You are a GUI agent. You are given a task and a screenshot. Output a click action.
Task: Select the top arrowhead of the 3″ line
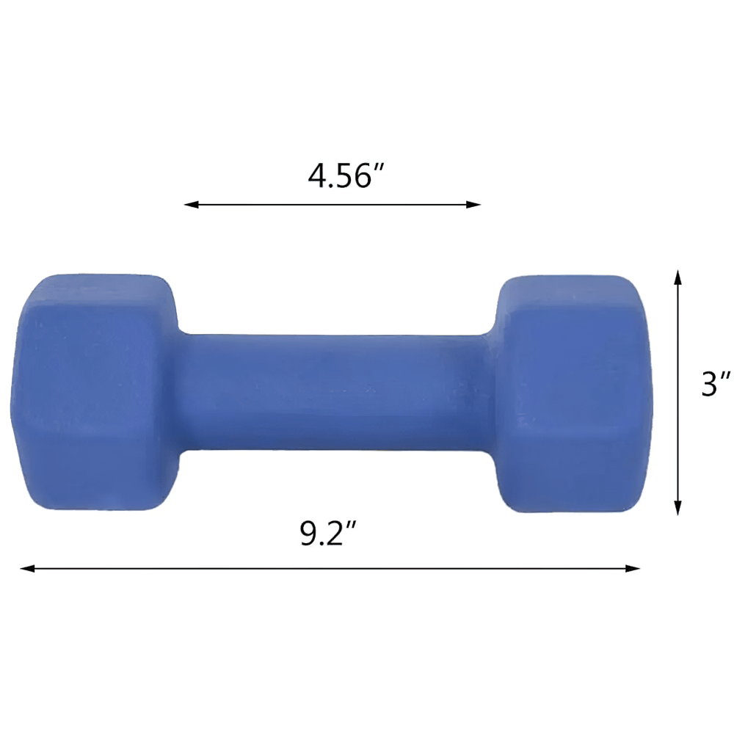pyautogui.click(x=677, y=277)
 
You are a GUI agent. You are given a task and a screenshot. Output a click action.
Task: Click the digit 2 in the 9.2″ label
pyautogui.click(x=339, y=534)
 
